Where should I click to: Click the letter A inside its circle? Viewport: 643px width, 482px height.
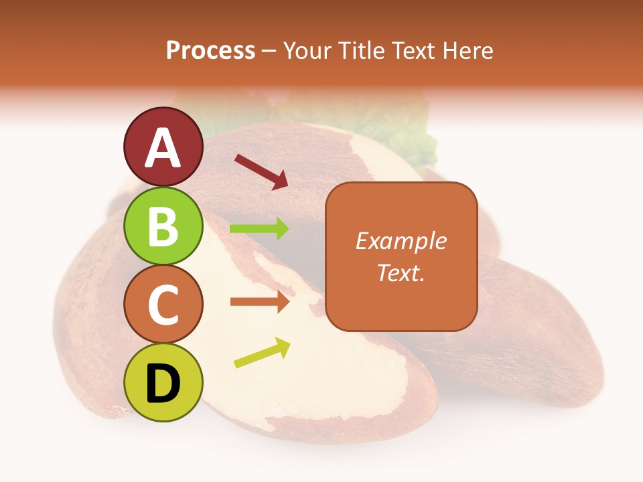(163, 148)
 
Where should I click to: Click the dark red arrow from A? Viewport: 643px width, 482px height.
(261, 171)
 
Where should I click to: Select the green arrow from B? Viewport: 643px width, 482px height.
(259, 229)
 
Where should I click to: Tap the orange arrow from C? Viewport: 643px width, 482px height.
(259, 302)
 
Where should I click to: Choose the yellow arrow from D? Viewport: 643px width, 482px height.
(262, 353)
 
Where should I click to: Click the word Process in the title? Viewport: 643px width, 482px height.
(210, 51)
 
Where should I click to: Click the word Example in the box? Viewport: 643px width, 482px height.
(401, 241)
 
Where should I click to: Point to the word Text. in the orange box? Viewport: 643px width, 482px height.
(401, 272)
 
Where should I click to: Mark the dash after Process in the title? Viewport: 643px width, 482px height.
(269, 52)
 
